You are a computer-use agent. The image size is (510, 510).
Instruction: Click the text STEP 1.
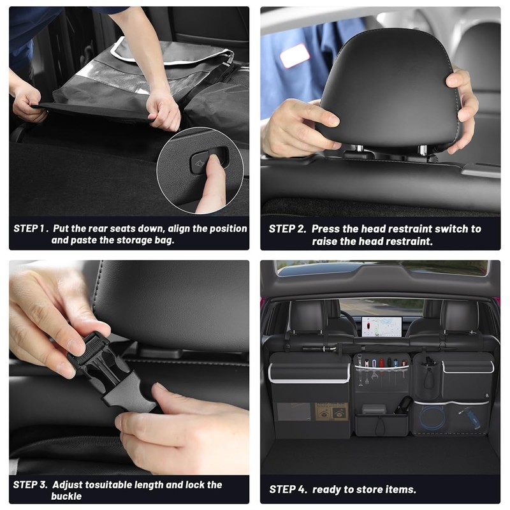(29, 228)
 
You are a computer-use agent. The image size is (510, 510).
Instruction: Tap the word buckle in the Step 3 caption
(67, 496)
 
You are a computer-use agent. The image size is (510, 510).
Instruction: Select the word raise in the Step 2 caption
(326, 242)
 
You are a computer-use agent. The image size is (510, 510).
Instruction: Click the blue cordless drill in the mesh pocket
(472, 418)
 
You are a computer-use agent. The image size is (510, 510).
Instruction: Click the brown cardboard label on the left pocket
(331, 411)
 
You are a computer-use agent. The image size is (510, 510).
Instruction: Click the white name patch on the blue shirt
(295, 56)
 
